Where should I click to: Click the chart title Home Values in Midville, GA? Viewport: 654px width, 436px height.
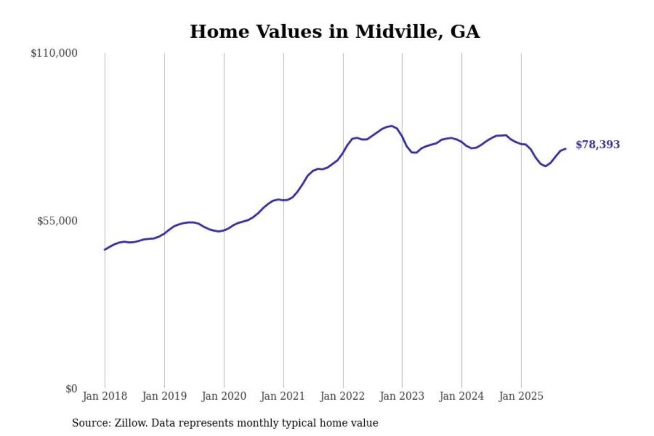(x=335, y=32)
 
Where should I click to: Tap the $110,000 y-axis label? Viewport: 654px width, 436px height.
(x=54, y=53)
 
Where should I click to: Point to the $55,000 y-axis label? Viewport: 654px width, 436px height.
(x=57, y=221)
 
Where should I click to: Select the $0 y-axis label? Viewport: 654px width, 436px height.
(x=71, y=389)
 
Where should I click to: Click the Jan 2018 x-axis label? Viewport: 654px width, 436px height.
(x=104, y=396)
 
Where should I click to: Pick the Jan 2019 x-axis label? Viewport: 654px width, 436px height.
(x=164, y=396)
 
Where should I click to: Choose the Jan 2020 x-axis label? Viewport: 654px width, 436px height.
(x=223, y=396)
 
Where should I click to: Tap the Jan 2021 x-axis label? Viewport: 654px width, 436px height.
(x=282, y=396)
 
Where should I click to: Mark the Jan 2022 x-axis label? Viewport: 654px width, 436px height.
(x=342, y=396)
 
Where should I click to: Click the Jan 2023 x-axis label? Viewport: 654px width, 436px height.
(x=401, y=396)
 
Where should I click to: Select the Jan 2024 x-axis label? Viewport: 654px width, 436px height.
(x=461, y=396)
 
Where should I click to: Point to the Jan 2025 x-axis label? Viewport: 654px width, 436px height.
(x=520, y=396)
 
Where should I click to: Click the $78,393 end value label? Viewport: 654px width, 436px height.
(x=597, y=144)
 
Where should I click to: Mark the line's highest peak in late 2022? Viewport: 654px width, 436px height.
(x=391, y=126)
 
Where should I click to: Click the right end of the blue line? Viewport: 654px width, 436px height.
(x=565, y=149)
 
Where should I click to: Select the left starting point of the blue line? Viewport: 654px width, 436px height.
(x=105, y=249)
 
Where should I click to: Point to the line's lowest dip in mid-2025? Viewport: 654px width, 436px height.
(x=545, y=166)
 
